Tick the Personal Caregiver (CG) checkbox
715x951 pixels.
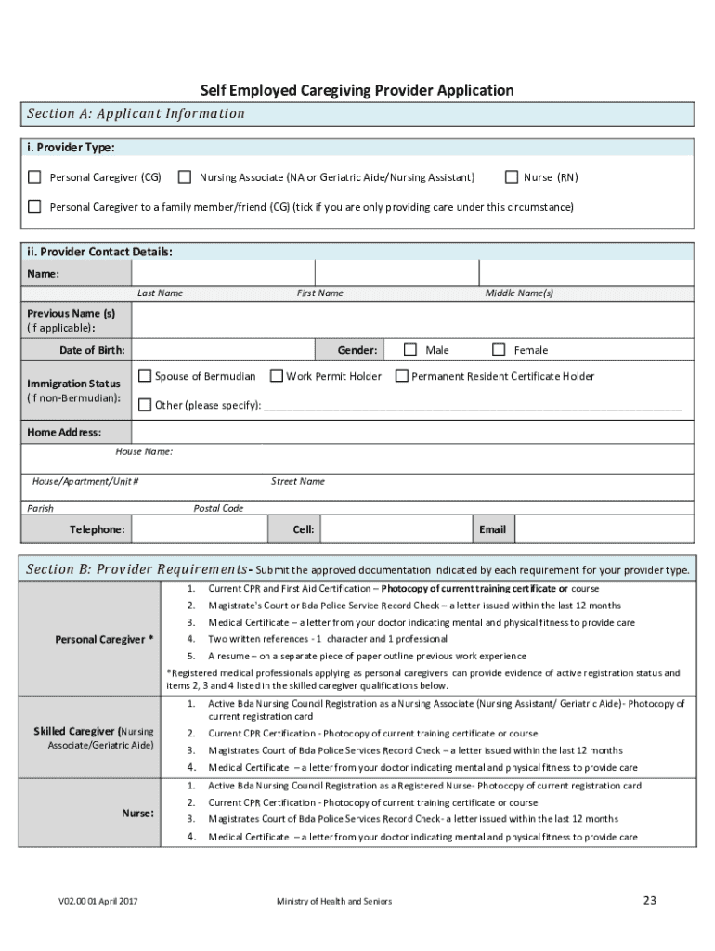point(34,177)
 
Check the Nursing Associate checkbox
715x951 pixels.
point(185,177)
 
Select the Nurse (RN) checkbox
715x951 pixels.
point(510,177)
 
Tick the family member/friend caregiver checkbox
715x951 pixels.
point(34,206)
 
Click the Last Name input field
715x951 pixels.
point(223,273)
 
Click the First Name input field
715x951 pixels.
point(396,273)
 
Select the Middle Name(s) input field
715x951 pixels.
point(585,273)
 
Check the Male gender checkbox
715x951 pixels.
point(410,349)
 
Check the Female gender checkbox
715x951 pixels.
point(499,349)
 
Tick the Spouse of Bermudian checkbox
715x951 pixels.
point(145,376)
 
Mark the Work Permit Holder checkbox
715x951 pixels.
point(277,376)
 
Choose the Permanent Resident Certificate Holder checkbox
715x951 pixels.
point(401,376)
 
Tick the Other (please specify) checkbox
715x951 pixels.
point(145,405)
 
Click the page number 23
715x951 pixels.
point(649,900)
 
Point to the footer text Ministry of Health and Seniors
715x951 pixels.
point(334,901)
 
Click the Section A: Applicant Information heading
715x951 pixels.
point(136,114)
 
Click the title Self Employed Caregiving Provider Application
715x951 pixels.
point(357,90)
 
